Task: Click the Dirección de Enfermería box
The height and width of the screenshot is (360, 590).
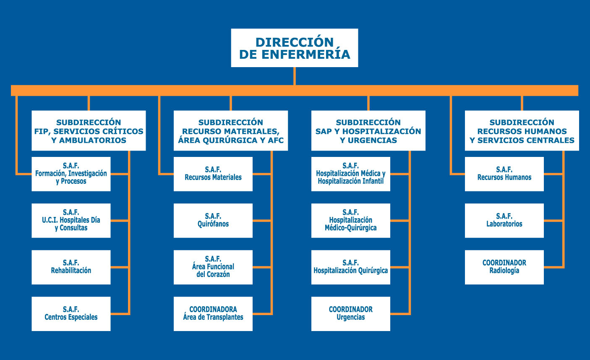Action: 295,48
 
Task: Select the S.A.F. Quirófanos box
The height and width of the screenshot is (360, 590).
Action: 213,220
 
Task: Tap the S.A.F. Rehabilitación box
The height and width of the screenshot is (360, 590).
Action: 71,267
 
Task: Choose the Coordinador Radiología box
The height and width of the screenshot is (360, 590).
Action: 504,267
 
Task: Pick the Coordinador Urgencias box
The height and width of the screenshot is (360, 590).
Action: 350,314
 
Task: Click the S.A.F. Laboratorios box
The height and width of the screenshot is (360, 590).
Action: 504,220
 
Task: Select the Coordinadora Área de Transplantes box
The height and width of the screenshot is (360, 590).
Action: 213,314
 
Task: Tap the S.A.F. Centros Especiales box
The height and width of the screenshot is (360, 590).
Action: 71,314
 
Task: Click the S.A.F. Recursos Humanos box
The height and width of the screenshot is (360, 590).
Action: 504,174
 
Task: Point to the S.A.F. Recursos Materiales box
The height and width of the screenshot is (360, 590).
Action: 213,174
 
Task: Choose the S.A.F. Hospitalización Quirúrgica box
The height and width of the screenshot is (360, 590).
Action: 350,267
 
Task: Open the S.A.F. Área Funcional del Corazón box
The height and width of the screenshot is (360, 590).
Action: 213,267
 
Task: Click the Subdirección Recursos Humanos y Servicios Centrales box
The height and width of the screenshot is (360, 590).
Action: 522,130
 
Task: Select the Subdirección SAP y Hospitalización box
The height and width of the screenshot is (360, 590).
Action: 368,130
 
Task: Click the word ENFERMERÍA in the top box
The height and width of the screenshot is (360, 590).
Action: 305,54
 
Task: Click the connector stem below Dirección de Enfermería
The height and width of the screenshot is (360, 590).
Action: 295,76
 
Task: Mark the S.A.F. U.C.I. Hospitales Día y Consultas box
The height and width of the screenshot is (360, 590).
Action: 71,220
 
